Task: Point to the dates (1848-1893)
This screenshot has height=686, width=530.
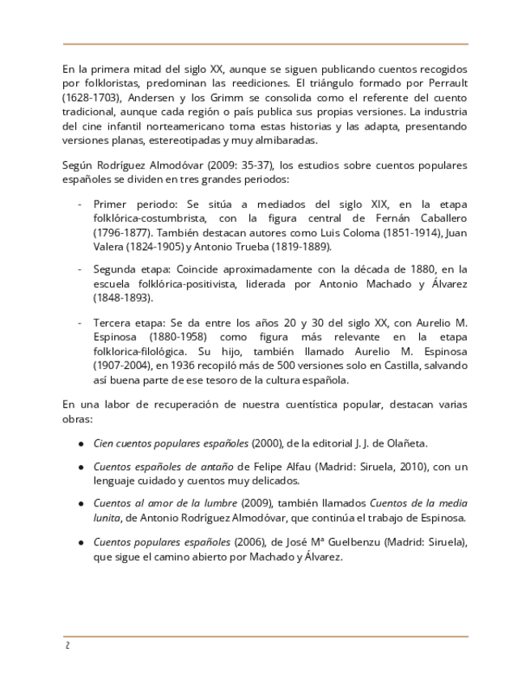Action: [x=122, y=298]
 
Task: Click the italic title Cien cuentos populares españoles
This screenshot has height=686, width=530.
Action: [x=171, y=443]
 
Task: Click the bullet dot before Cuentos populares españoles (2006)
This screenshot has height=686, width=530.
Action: [x=83, y=542]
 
